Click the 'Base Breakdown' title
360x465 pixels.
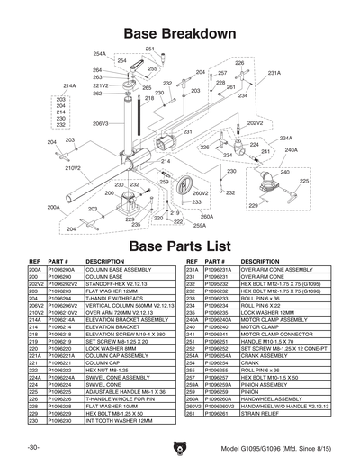(x=180, y=33)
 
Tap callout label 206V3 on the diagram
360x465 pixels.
(x=100, y=123)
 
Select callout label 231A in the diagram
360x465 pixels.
(x=274, y=73)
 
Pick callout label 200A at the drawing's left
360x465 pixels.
(x=53, y=206)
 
